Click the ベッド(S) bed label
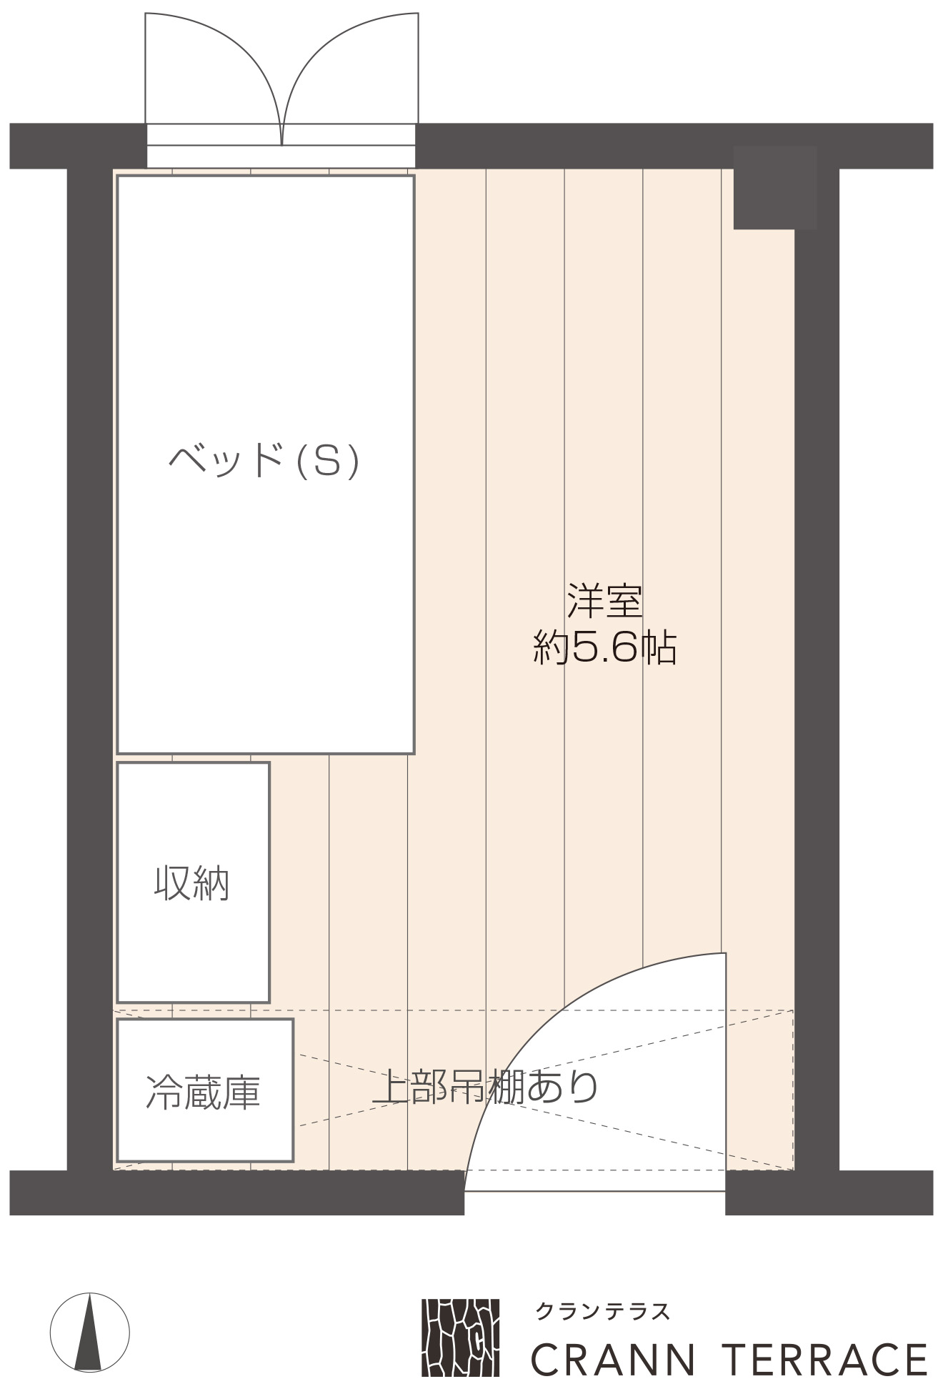pos(264,461)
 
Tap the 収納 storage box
pos(193,882)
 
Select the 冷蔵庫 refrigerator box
pos(205,1090)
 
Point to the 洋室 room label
pos(605,601)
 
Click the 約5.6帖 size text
pos(605,648)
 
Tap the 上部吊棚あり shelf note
pos(486,1087)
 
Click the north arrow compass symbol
pos(90,1333)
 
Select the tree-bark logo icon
pos(461,1338)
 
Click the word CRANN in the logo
pos(613,1358)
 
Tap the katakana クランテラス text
pos(602,1311)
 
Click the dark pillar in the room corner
pos(775,188)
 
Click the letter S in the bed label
pos(326,461)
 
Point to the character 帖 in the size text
pos(658,648)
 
